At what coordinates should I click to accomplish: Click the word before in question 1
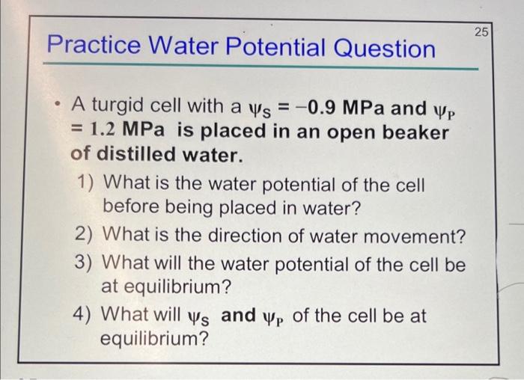129,206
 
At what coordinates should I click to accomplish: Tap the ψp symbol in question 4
275,317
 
